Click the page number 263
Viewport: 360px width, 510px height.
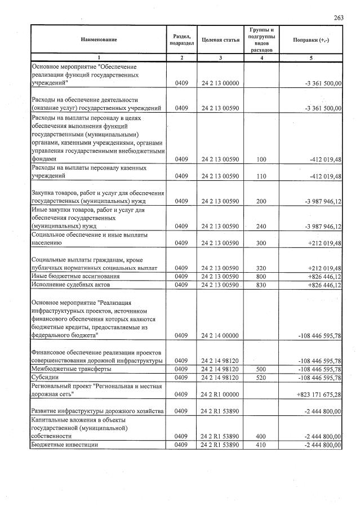(338, 17)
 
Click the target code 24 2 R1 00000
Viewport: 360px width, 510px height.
(220, 394)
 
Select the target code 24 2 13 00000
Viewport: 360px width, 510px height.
(220, 83)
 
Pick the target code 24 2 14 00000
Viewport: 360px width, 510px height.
(220, 335)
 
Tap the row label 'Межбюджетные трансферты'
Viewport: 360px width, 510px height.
(71, 369)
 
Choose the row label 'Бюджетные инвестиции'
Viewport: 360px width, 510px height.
(64, 445)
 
